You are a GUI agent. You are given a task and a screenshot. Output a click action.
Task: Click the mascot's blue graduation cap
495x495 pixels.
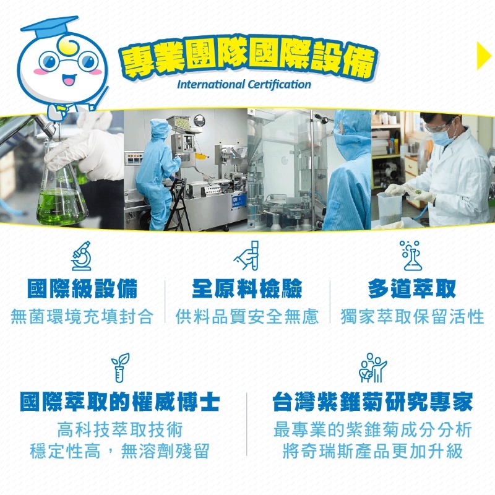(49, 28)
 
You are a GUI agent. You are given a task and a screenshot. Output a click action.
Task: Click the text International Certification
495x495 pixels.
(244, 84)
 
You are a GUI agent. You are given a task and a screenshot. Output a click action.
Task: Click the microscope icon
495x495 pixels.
(81, 256)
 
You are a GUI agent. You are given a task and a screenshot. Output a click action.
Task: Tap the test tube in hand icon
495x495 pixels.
(246, 255)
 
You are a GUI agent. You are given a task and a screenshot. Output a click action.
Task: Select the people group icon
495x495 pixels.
(372, 367)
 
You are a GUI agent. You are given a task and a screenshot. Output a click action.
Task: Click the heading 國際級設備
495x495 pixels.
(82, 288)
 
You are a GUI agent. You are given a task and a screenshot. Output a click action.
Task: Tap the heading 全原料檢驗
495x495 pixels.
(247, 288)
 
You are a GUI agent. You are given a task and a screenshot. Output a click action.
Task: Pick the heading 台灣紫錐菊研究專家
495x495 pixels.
(372, 402)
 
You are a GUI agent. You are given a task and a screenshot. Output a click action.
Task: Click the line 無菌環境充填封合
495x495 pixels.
(82, 317)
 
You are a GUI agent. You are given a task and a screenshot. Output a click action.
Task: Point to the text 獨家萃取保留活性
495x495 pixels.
(412, 317)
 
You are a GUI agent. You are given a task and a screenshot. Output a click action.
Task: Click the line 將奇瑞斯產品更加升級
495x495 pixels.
(372, 450)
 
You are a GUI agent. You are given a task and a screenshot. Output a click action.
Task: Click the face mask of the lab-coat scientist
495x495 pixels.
(443, 138)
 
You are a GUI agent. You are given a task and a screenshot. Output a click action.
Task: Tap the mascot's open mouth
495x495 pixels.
(68, 80)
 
